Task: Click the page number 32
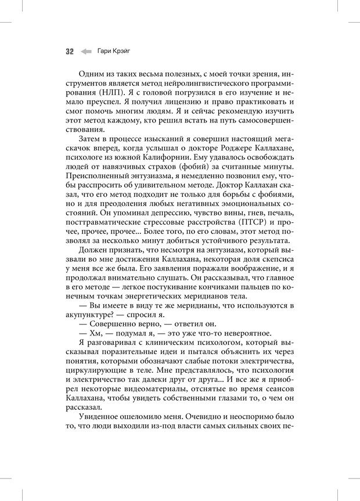coord(69,51)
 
